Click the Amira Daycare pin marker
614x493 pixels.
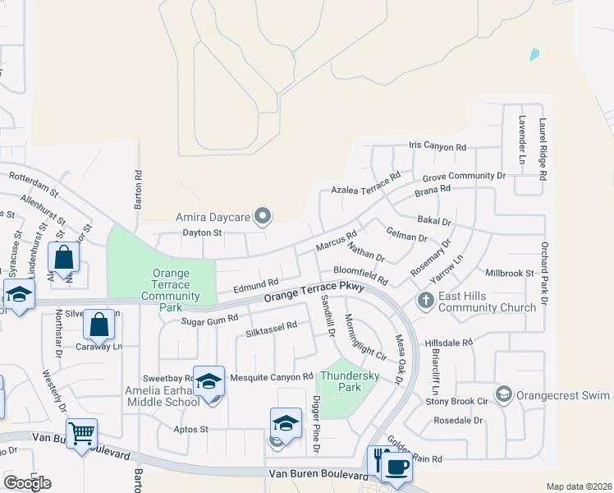click(x=263, y=217)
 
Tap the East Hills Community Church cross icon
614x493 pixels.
click(x=425, y=300)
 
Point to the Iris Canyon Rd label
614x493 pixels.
click(x=438, y=147)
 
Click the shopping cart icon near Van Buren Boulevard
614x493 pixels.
click(x=82, y=432)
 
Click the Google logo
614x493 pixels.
click(x=27, y=483)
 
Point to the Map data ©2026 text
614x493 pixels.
click(x=579, y=486)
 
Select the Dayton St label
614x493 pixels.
click(x=202, y=233)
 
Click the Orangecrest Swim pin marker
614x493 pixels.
click(x=503, y=394)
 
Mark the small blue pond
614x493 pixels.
click(x=535, y=55)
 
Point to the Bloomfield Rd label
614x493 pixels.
click(x=360, y=274)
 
